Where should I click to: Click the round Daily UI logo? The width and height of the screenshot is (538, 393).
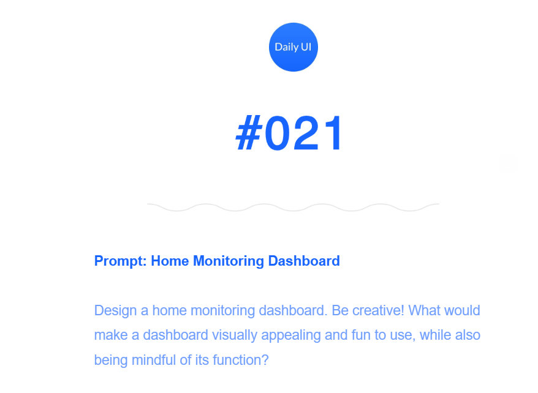[294, 47]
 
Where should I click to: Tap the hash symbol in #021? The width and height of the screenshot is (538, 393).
[249, 133]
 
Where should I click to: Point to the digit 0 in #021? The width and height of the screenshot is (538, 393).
[278, 133]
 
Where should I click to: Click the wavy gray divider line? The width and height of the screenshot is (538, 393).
[293, 208]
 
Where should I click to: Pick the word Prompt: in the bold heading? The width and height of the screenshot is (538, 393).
[121, 261]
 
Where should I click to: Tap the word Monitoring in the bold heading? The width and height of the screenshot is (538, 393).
[229, 261]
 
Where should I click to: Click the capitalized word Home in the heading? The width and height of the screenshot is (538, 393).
[170, 261]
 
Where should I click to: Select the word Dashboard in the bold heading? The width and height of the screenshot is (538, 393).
[304, 261]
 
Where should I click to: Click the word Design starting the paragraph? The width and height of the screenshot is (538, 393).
[116, 311]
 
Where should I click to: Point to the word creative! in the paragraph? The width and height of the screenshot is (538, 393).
[378, 310]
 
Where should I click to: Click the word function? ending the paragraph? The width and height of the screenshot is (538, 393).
[241, 360]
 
